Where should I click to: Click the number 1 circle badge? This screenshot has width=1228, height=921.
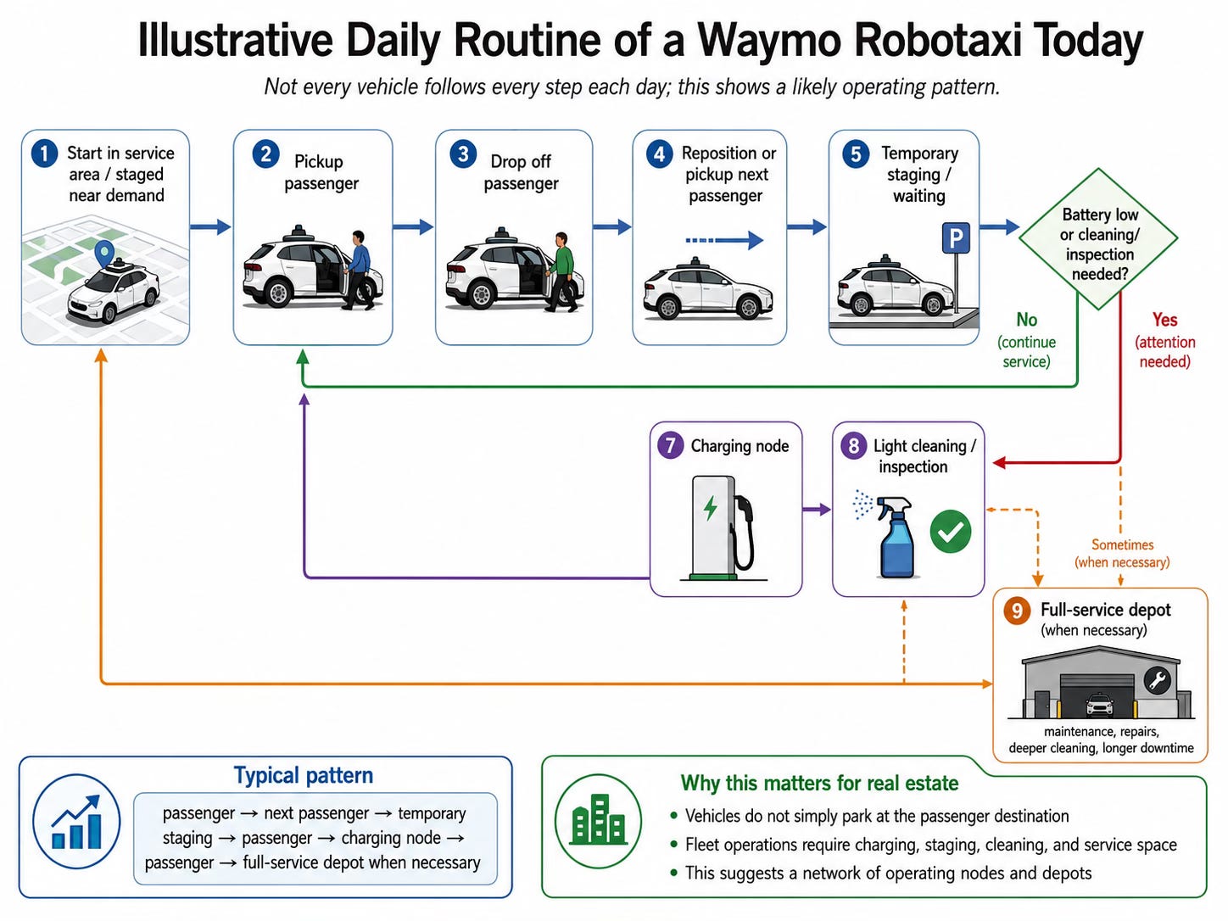(x=45, y=153)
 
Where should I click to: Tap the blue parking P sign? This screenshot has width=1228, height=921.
(x=956, y=237)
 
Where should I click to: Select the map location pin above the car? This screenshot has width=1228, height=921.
(x=104, y=254)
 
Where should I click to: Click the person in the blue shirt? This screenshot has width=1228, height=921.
(x=358, y=270)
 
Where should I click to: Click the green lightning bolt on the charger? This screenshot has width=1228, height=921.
(x=711, y=507)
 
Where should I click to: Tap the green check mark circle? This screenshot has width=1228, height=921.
(x=951, y=531)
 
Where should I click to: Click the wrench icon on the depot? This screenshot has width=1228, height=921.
(x=1157, y=680)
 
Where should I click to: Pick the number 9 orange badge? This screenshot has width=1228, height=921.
(x=1017, y=610)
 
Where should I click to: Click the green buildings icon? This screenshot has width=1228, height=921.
(x=598, y=820)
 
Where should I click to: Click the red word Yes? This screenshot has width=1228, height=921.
(x=1164, y=320)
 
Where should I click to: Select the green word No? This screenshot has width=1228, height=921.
(x=1027, y=320)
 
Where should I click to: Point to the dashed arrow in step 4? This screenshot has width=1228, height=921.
(x=724, y=241)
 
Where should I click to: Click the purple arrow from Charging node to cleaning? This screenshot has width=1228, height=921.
(x=817, y=510)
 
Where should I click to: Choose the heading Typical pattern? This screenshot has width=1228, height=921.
(x=304, y=776)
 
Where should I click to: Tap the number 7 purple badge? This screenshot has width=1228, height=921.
(x=670, y=446)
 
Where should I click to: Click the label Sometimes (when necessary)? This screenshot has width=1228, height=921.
(x=1122, y=553)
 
